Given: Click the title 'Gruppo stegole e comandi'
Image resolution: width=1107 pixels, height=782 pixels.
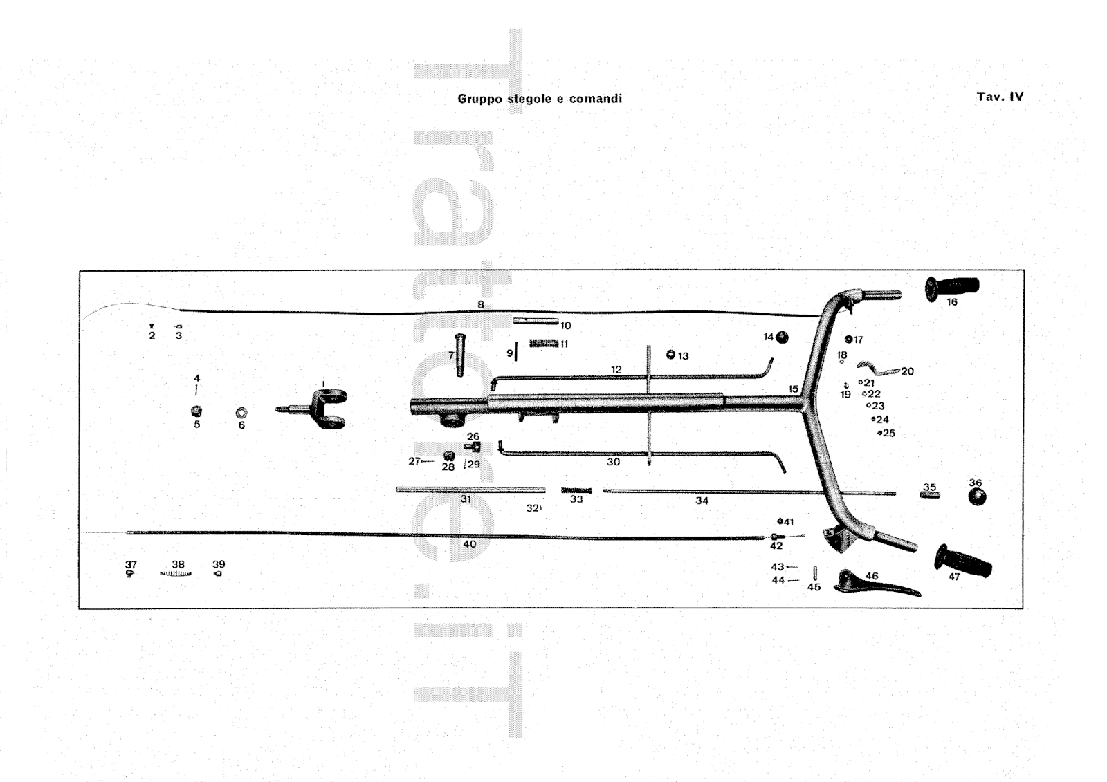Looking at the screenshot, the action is (540, 99).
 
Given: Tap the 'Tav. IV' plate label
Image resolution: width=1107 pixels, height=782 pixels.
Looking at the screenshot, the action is (1000, 97).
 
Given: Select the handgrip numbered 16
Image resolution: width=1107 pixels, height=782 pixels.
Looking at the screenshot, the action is (953, 286).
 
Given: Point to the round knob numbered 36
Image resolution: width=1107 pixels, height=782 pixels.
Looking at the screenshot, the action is (977, 496).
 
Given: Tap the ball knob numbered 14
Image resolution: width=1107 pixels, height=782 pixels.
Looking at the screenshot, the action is (783, 337).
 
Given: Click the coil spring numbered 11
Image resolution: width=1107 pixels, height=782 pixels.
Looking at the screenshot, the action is (544, 344).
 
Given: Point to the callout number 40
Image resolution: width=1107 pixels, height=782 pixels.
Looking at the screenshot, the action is (470, 544).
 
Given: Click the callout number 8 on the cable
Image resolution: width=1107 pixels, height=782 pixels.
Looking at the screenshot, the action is (480, 304).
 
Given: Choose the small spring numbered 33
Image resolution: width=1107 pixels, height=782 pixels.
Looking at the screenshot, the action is (576, 490).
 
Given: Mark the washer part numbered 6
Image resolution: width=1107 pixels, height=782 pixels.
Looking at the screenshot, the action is (241, 413).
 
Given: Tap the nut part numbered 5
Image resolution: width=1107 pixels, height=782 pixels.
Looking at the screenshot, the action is (196, 411).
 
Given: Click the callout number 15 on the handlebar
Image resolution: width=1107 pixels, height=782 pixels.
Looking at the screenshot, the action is (793, 389).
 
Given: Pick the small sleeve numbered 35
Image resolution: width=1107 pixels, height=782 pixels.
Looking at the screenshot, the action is (929, 494).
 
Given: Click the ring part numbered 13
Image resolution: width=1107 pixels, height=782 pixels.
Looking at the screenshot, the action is (670, 355).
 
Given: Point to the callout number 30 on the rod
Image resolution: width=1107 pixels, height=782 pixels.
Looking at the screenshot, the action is (613, 462).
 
